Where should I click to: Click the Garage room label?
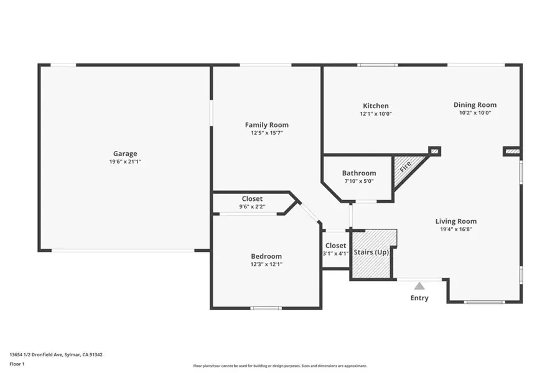[125, 154]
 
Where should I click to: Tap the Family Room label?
[267, 125]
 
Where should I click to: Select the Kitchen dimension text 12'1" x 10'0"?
[376, 114]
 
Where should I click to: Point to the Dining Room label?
[475, 105]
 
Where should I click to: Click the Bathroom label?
[359, 173]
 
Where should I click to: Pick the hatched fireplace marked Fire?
[407, 170]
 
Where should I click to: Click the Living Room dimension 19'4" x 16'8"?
[456, 229]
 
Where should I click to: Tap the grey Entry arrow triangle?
[419, 286]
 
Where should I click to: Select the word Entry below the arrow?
[419, 298]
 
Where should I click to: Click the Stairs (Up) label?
[371, 252]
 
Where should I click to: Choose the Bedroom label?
[266, 256]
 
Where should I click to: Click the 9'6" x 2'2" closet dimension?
[252, 206]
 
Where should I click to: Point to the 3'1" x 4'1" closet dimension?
[336, 254]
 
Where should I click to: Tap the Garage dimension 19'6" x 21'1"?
[125, 162]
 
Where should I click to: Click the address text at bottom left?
[56, 355]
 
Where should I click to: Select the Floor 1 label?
[17, 364]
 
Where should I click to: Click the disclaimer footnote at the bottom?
[280, 366]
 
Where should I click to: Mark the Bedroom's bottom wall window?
[266, 308]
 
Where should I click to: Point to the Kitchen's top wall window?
[378, 65]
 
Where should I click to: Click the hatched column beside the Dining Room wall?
[511, 151]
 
